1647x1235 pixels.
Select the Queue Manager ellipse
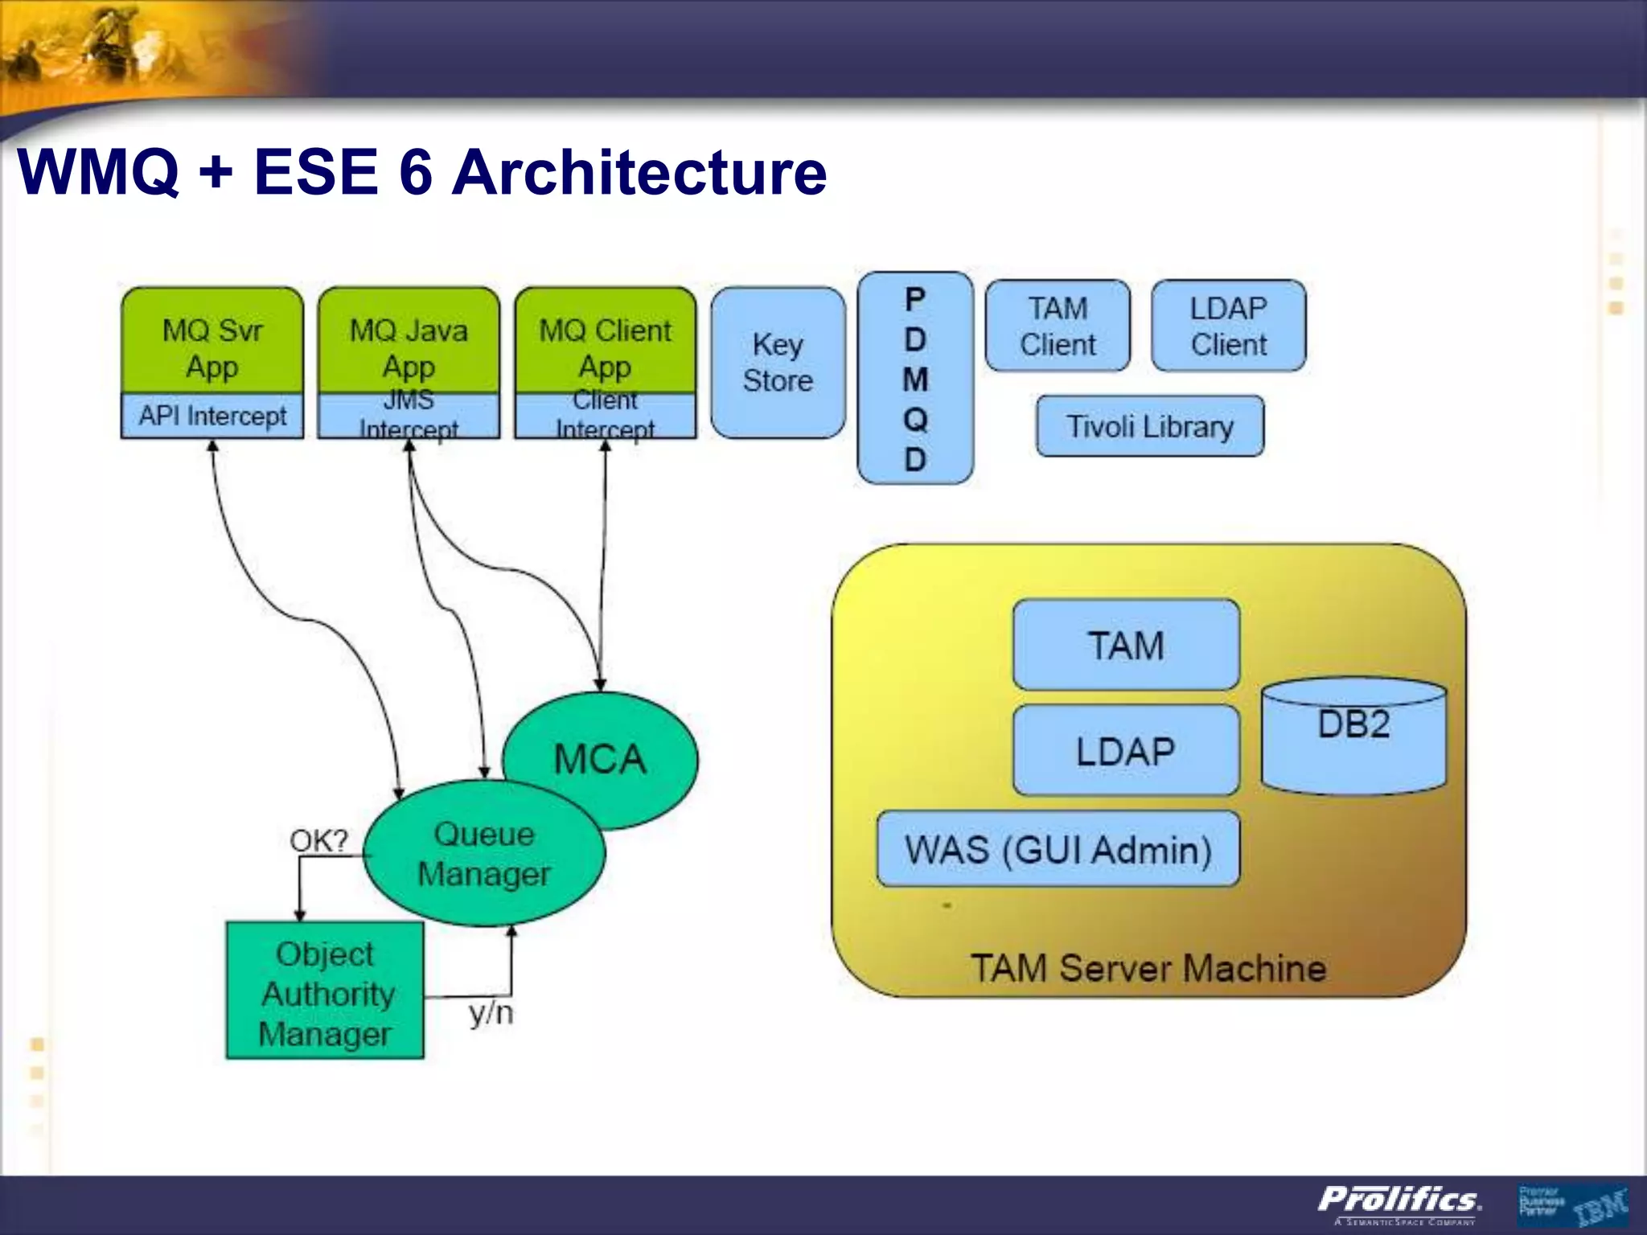[x=483, y=854]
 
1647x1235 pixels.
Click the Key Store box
[x=778, y=363]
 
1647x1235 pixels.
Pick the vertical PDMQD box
[x=915, y=378]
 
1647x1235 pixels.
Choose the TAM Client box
[x=1058, y=326]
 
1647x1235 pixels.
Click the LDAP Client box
[x=1228, y=326]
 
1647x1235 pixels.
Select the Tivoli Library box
[x=1149, y=426]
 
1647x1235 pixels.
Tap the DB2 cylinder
[x=1353, y=736]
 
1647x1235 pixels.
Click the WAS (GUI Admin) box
[x=1058, y=850]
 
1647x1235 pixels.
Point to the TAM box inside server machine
[x=1126, y=645]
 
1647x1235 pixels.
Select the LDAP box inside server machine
[x=1126, y=751]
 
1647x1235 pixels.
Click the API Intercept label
[x=212, y=416]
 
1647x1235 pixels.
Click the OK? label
[x=318, y=841]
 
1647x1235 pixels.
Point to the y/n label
[x=491, y=1013]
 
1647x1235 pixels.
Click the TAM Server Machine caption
[x=1148, y=968]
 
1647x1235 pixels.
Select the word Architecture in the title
[x=639, y=172]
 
